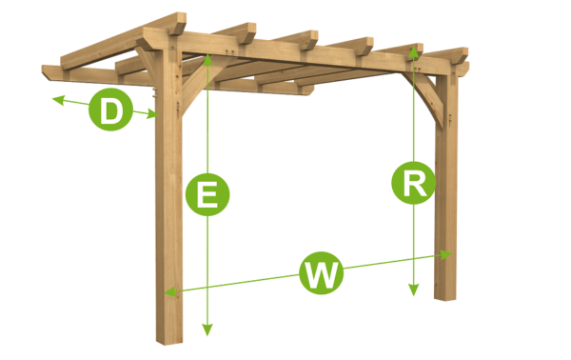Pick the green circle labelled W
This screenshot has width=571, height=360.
pos(322,274)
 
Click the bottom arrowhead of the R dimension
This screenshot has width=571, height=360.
pos(413,291)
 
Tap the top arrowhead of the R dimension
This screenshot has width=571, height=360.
pos(413,49)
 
